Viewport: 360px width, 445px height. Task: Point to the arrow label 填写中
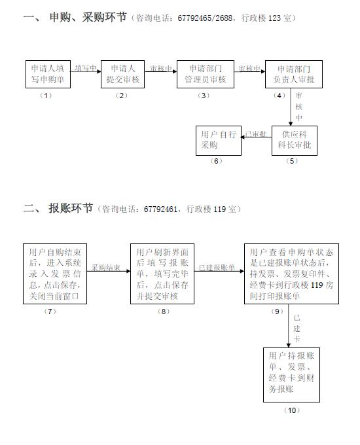click(86, 68)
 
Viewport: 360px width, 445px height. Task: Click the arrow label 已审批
click(256, 134)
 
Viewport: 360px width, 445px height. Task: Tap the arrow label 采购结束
click(106, 268)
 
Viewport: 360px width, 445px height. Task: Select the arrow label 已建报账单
click(217, 268)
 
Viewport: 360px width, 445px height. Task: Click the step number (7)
click(50, 311)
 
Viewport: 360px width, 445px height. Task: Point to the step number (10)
click(292, 410)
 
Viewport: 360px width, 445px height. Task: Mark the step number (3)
click(204, 96)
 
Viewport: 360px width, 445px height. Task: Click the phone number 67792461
click(160, 209)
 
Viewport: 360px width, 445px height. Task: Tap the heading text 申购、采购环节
click(88, 17)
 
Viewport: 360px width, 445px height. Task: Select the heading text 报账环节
click(71, 208)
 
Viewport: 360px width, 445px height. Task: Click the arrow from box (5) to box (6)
click(257, 137)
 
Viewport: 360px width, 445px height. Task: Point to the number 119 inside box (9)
click(317, 285)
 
